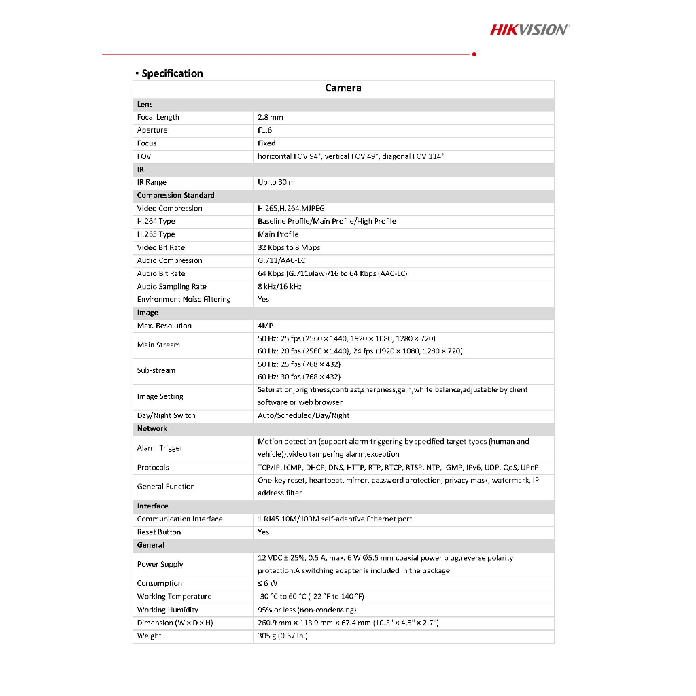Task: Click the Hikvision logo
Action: (x=529, y=29)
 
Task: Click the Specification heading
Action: (x=172, y=73)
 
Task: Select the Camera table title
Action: (x=343, y=88)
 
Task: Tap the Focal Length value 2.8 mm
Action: (x=270, y=117)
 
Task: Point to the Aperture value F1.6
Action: (x=264, y=130)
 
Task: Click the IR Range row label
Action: (x=152, y=182)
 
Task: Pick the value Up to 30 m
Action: (x=276, y=182)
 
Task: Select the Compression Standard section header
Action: (x=175, y=195)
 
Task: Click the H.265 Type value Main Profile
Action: (x=278, y=234)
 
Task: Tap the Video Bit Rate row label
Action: (x=160, y=247)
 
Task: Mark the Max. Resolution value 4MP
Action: (x=265, y=326)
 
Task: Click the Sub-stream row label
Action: (x=156, y=370)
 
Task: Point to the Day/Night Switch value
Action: (x=303, y=415)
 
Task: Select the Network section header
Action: (x=152, y=428)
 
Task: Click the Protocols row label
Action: (x=153, y=468)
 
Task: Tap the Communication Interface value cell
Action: (x=334, y=519)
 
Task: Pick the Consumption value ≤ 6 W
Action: (x=267, y=583)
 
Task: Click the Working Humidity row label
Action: (x=167, y=610)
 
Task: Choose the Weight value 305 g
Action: (x=282, y=636)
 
